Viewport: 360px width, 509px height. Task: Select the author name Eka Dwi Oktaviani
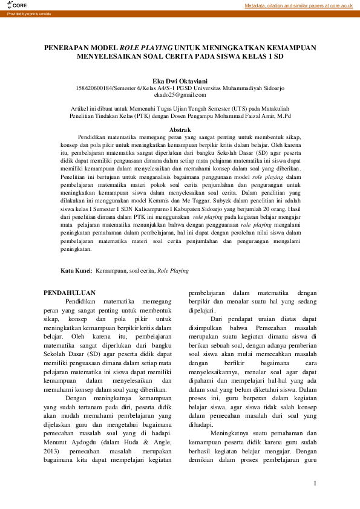tap(180, 80)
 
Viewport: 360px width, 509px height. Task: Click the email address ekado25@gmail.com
tap(180, 94)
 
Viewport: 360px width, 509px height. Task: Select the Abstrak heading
tap(180, 130)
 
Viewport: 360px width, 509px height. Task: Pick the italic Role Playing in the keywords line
tap(172, 271)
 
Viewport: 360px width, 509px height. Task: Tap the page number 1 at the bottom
tap(315, 483)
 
